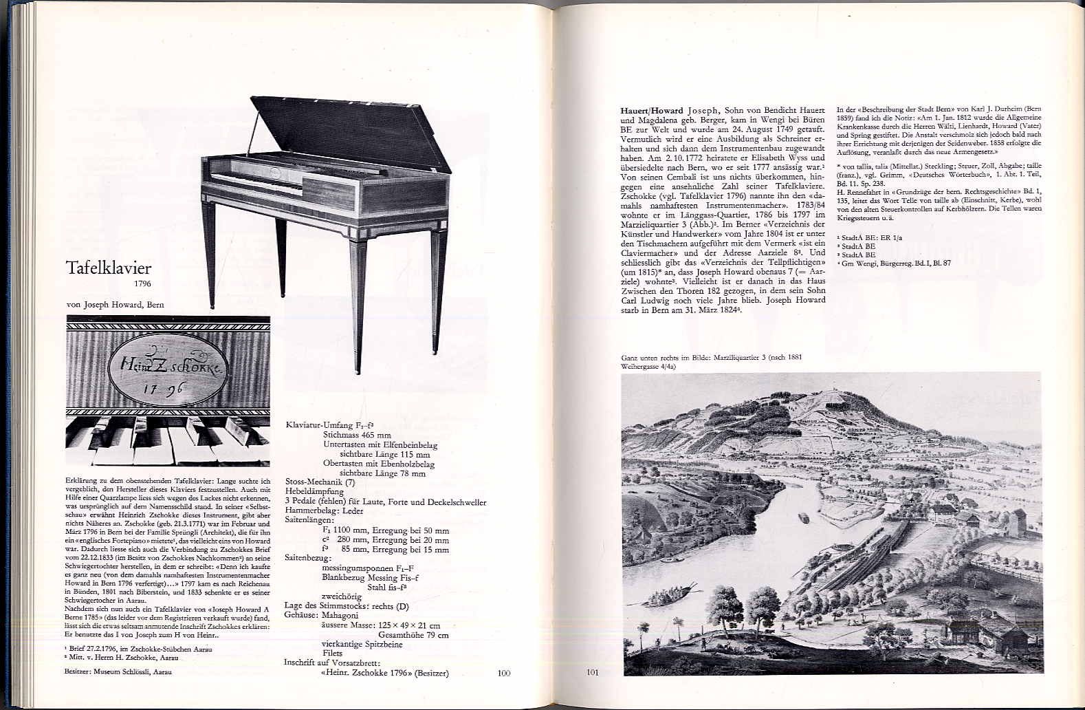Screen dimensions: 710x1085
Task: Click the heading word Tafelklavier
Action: click(x=108, y=268)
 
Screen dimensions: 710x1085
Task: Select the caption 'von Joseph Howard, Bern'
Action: click(x=116, y=305)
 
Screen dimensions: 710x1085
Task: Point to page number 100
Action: click(x=504, y=673)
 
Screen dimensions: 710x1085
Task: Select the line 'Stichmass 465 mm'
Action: click(x=357, y=435)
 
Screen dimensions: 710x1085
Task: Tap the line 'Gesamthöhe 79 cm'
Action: click(x=409, y=635)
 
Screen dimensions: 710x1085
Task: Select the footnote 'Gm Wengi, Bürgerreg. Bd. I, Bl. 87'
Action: click(x=896, y=263)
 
